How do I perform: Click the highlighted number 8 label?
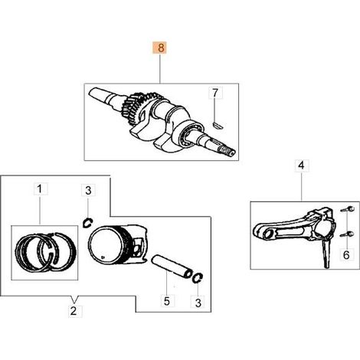(160, 47)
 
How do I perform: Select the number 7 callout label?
(215, 93)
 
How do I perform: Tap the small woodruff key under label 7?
(218, 125)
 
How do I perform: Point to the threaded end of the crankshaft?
(228, 151)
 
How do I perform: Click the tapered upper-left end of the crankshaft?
(97, 95)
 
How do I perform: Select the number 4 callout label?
(302, 166)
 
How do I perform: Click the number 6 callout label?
(346, 254)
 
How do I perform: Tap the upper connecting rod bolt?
(348, 210)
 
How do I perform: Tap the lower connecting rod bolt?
(347, 234)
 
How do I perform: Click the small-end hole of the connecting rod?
(268, 234)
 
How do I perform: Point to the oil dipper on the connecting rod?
(326, 254)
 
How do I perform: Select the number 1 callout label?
(40, 189)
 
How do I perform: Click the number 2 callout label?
(74, 311)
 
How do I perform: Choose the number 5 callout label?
(167, 301)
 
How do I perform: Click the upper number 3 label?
(88, 191)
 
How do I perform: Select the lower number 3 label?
(198, 303)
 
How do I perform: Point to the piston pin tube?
(172, 267)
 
